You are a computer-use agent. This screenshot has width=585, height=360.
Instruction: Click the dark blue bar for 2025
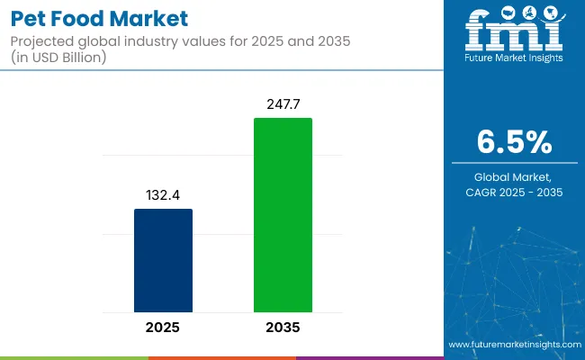click(x=163, y=260)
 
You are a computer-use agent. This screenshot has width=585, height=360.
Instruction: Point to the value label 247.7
click(x=283, y=104)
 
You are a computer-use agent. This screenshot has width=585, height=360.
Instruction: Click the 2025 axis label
click(x=163, y=327)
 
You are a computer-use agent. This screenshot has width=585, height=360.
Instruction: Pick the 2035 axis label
click(x=283, y=327)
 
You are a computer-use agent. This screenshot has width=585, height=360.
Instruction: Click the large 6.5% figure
click(x=515, y=141)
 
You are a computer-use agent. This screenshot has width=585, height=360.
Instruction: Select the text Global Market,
click(x=514, y=177)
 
